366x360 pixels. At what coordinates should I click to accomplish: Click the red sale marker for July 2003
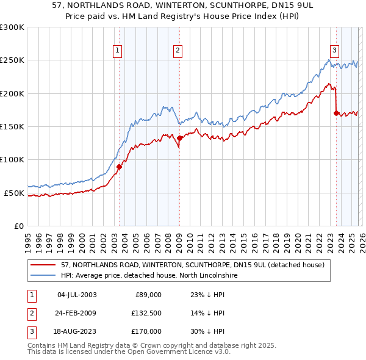(x=120, y=167)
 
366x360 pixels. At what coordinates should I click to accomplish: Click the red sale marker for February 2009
(x=180, y=139)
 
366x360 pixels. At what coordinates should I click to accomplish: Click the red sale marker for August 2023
(x=336, y=113)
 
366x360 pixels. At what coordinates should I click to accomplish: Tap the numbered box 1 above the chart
(x=117, y=51)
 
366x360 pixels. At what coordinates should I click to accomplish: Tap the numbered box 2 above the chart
(x=177, y=51)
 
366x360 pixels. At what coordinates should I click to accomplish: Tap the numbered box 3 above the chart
(x=334, y=51)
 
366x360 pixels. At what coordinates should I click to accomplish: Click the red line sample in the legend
(x=43, y=265)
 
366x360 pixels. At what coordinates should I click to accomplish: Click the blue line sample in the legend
(x=43, y=275)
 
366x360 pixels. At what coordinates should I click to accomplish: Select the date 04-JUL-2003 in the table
(x=76, y=295)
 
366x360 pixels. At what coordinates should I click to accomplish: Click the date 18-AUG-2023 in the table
(x=76, y=331)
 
